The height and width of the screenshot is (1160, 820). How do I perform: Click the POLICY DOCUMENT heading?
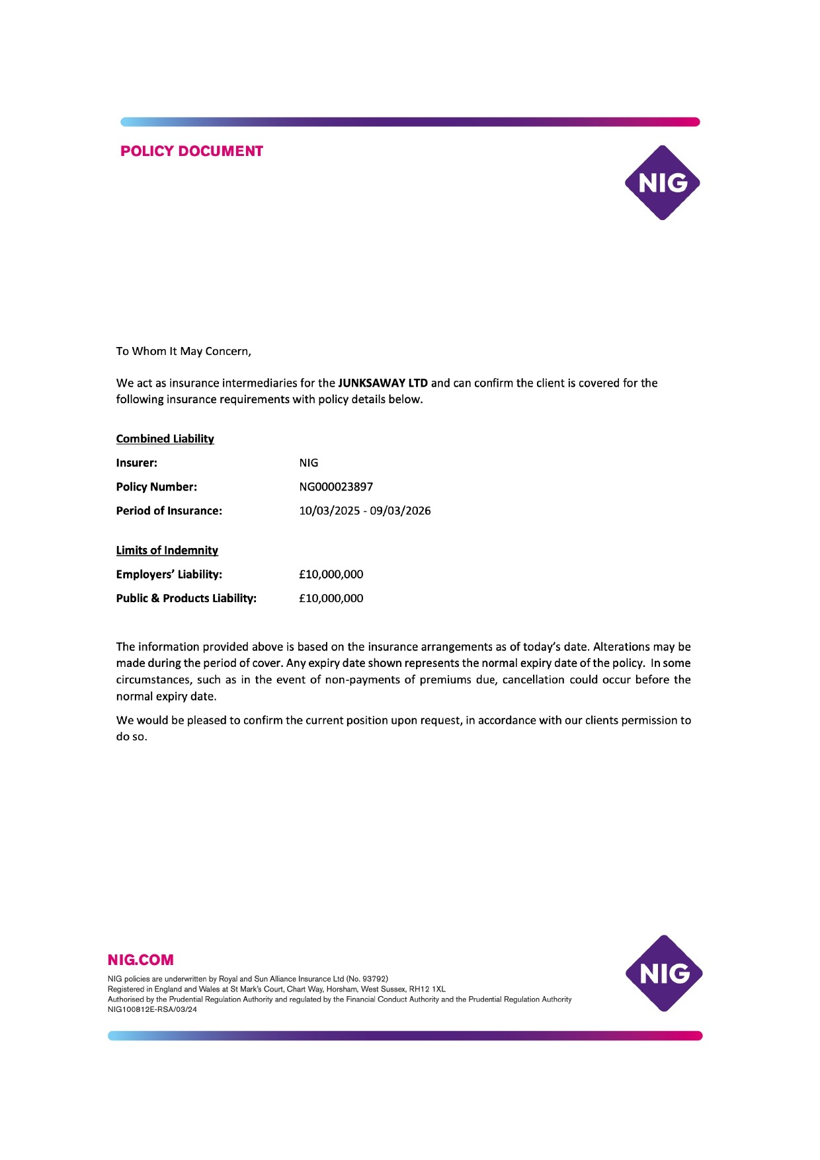[192, 151]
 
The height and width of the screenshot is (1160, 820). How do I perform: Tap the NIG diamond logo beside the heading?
[662, 183]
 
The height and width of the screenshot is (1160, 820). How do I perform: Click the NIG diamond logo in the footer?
[663, 973]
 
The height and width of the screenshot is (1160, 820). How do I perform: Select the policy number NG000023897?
[336, 487]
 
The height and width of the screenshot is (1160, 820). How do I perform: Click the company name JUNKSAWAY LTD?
[383, 383]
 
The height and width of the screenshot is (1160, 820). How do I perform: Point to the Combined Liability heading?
[165, 439]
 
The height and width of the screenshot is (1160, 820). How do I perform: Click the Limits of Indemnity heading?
[167, 551]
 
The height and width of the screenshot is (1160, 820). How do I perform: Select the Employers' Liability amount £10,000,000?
[331, 574]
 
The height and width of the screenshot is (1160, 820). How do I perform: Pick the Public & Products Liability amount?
[331, 598]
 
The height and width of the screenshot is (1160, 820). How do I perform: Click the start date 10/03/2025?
[329, 511]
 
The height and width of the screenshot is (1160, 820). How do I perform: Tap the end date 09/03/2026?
[400, 511]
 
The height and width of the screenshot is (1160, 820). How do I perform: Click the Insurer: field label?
[137, 463]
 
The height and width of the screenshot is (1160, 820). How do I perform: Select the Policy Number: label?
[157, 487]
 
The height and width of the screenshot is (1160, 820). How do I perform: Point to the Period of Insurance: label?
[169, 511]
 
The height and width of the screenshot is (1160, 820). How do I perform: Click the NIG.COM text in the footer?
[141, 960]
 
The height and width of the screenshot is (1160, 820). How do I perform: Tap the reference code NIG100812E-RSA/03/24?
[152, 1009]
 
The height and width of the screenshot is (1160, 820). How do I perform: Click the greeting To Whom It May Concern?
[184, 352]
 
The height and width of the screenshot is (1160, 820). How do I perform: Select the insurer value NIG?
[309, 463]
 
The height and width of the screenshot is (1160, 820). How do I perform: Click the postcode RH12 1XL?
[427, 989]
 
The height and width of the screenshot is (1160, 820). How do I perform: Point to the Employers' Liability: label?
[169, 574]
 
